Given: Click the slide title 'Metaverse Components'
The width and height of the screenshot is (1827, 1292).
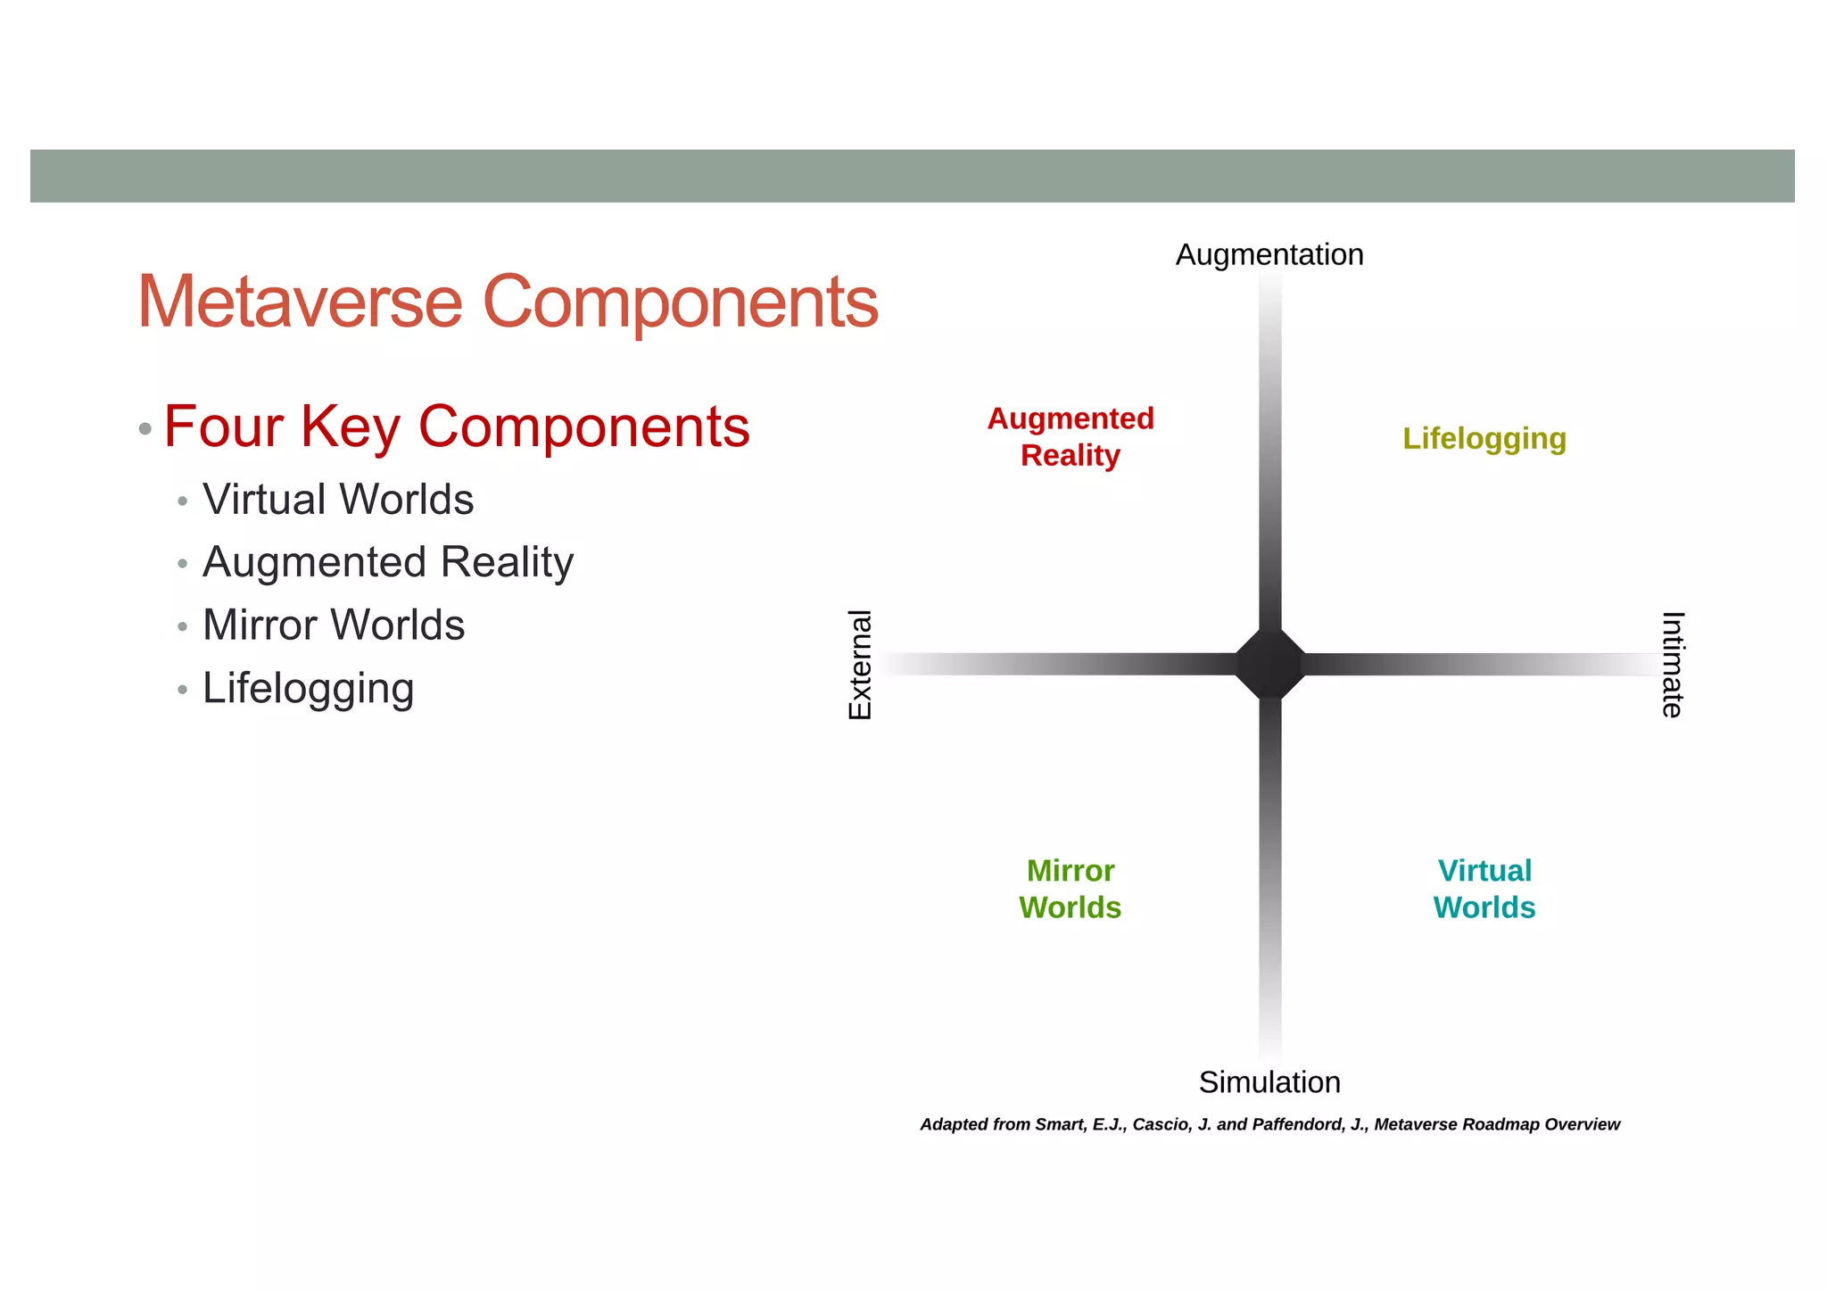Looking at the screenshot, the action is point(508,302).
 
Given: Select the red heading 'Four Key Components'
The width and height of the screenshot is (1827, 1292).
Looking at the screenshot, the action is point(457,427).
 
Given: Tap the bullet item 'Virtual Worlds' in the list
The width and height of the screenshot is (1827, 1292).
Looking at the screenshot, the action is point(338,500).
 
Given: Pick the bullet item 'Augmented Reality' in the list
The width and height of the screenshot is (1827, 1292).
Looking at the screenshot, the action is point(388,562).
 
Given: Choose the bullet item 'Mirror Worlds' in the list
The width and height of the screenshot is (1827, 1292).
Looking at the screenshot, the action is point(334,625).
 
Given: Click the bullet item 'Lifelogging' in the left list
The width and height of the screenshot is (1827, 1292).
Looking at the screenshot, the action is point(309,689).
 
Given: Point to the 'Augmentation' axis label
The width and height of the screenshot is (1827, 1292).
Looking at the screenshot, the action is point(1269,255).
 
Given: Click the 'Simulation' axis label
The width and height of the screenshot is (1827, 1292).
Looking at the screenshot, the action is point(1269,1082).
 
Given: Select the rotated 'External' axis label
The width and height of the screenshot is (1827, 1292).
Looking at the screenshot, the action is point(859,665).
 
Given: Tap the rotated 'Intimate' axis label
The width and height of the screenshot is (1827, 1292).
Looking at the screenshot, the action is point(1673,665).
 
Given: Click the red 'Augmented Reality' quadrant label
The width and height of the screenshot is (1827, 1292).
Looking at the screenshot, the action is point(1071,437).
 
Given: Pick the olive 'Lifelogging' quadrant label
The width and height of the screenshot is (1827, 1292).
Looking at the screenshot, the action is point(1484,439).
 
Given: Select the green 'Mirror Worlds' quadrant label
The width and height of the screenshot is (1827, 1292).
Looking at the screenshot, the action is point(1070,890).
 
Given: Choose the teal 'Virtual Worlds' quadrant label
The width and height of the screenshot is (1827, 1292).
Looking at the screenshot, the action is point(1484,890).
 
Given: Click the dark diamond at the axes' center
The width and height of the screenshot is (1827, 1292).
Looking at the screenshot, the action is point(1270,665).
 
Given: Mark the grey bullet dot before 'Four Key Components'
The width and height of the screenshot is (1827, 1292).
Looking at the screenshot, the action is point(145,429).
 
